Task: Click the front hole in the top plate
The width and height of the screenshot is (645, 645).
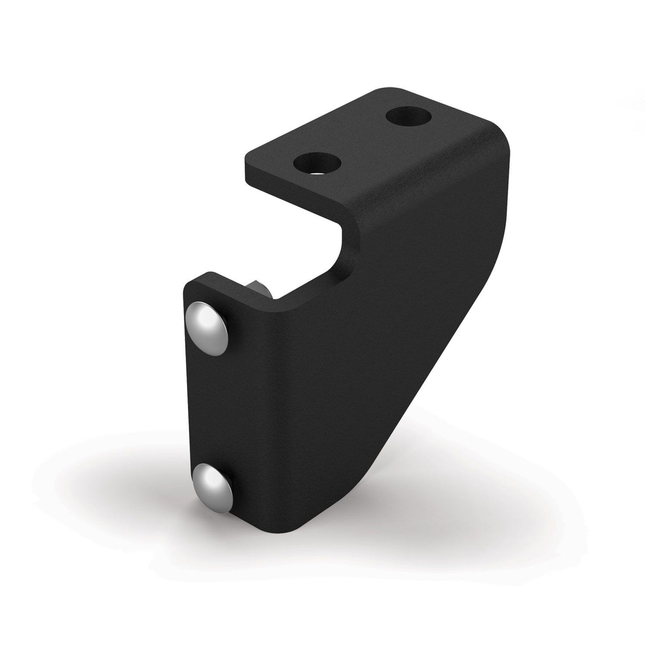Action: coord(317,163)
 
